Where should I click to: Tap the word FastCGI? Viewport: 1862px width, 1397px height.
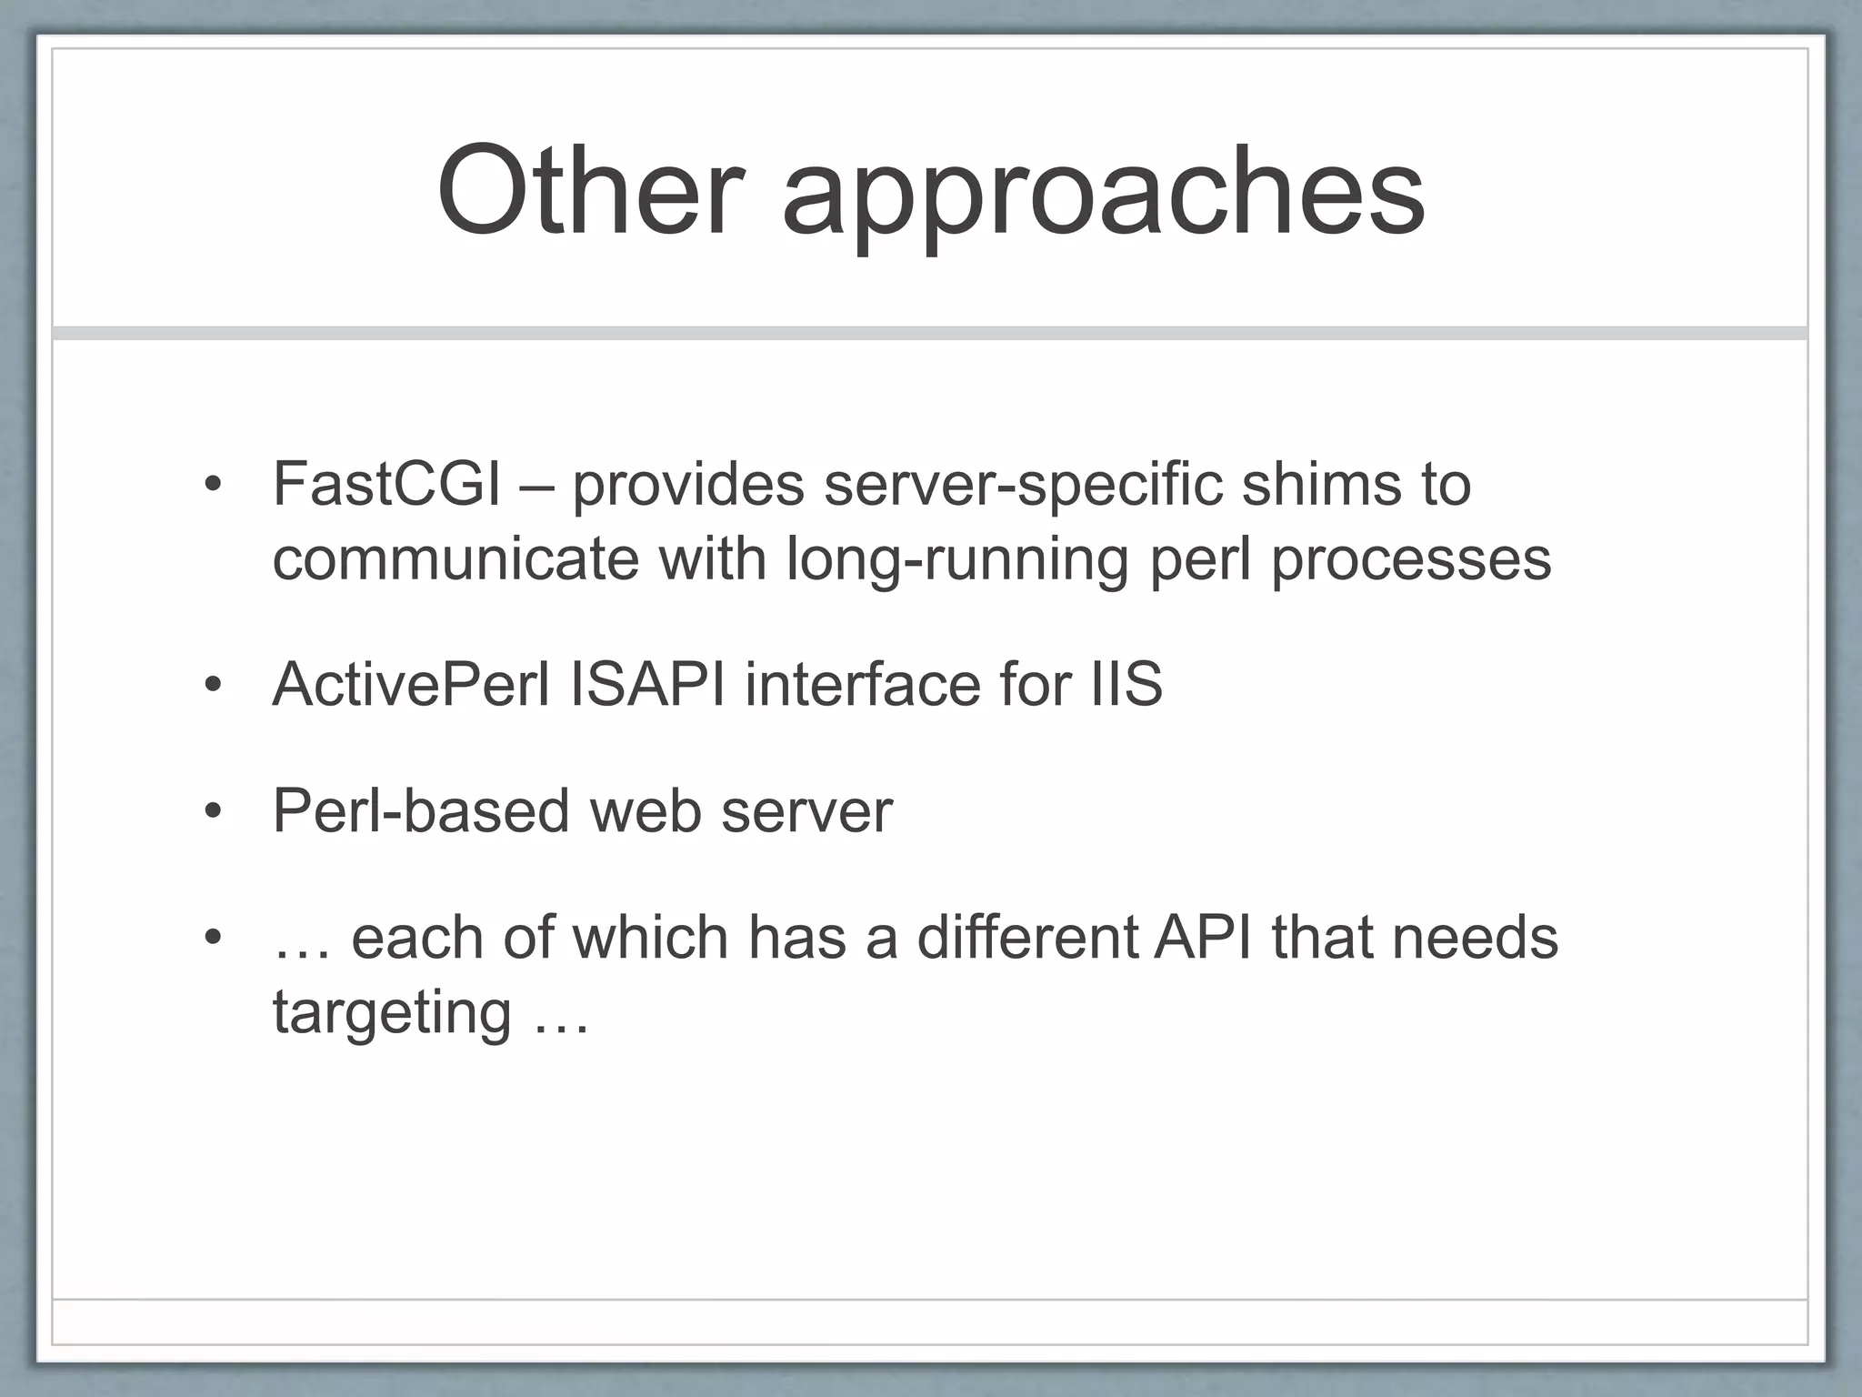pyautogui.click(x=386, y=484)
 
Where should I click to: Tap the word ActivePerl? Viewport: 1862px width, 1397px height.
pyautogui.click(x=411, y=684)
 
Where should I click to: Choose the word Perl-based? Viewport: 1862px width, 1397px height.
pyautogui.click(x=422, y=810)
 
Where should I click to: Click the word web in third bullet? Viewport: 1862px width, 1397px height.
pyautogui.click(x=646, y=810)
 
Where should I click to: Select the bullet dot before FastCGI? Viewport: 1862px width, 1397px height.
pyautogui.click(x=213, y=485)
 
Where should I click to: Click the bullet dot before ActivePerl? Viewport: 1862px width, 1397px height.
pyautogui.click(x=213, y=685)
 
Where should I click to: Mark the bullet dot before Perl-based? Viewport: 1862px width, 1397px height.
pyautogui.click(x=213, y=811)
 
